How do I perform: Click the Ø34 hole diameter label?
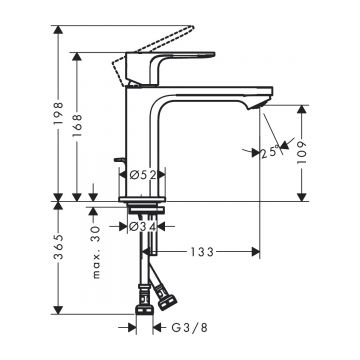coord(146,226)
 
